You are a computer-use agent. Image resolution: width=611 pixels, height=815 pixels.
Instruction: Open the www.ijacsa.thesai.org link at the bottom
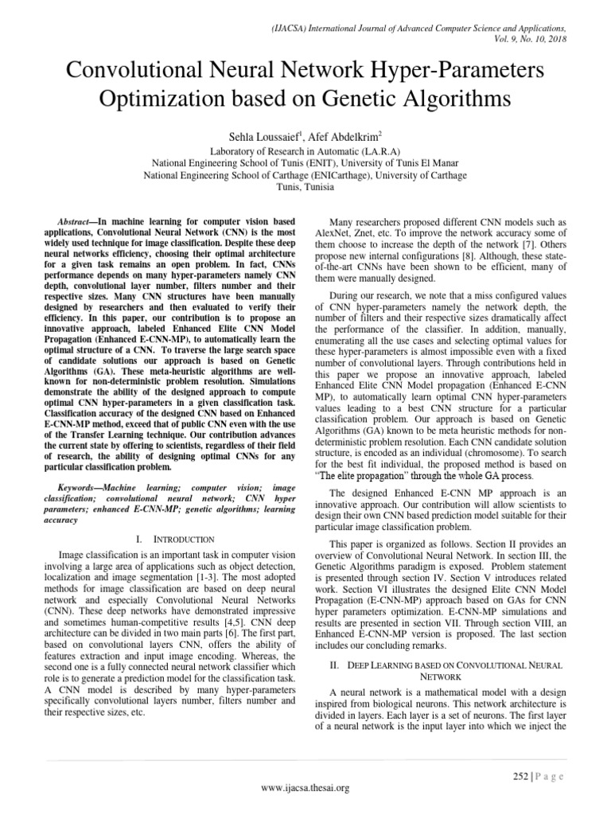pyautogui.click(x=305, y=788)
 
